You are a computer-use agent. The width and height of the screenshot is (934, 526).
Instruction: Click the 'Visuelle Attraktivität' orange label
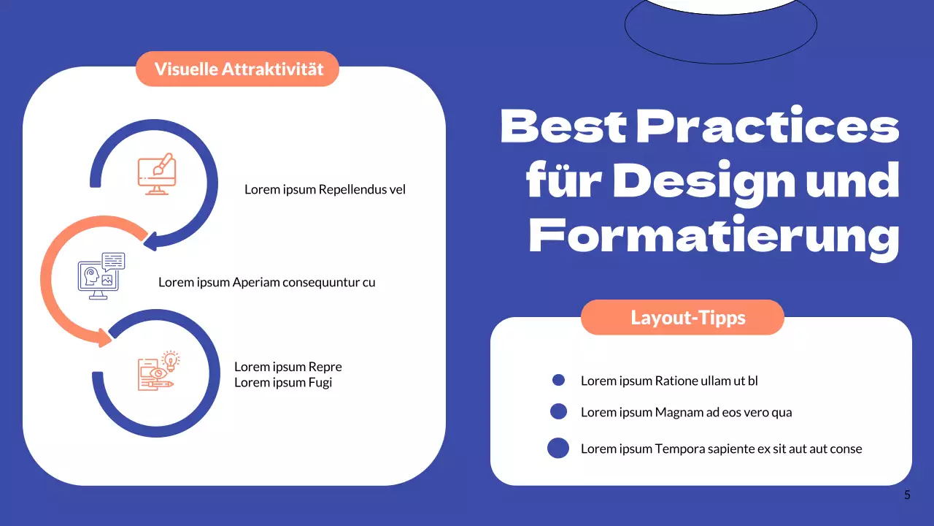(238, 69)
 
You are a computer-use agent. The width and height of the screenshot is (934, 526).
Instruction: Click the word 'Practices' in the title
(768, 126)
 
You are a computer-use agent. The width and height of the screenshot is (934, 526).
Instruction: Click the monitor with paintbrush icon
(157, 173)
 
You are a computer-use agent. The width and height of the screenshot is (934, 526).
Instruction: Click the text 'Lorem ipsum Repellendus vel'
(325, 190)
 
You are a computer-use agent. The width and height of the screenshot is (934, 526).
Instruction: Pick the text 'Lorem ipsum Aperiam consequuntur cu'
(267, 282)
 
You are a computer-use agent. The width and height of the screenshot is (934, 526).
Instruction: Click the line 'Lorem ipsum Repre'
(287, 367)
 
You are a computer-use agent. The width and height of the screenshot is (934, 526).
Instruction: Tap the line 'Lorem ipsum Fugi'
(282, 382)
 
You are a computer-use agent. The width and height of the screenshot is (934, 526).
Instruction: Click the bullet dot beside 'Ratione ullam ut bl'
(559, 380)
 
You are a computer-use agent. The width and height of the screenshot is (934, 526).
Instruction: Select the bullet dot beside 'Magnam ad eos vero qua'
(558, 411)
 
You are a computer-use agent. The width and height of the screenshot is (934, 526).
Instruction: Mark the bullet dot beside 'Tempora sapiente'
(558, 448)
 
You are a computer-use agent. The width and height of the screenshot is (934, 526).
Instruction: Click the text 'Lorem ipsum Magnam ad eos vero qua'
(686, 412)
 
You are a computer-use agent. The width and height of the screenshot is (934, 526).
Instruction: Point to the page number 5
(907, 495)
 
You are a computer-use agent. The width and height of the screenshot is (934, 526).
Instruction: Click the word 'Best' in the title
(563, 126)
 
